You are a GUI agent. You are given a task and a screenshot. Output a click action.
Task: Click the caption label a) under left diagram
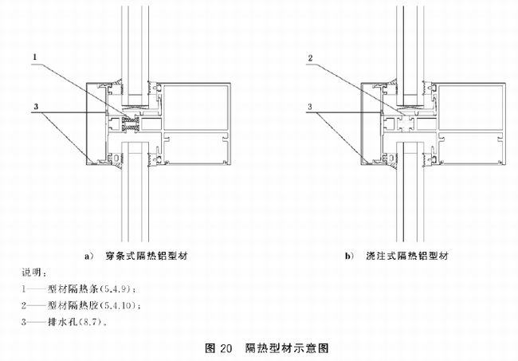(88, 257)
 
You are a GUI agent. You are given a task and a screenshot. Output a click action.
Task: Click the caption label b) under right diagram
(349, 257)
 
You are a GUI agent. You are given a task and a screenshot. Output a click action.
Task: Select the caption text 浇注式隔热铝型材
(406, 257)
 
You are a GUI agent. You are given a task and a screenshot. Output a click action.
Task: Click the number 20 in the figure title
(224, 348)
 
